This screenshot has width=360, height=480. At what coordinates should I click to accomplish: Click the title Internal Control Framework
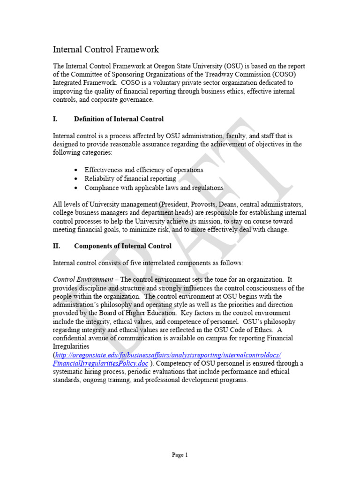coord(105,49)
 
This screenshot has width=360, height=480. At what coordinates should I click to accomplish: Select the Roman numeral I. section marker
coord(55,119)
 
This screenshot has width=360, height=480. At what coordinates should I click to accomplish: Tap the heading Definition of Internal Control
coord(119,119)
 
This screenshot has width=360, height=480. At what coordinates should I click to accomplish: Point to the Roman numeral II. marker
coord(56,246)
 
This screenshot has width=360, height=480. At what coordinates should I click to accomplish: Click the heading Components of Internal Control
coord(123,246)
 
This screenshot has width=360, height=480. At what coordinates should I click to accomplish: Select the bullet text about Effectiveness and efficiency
coord(143,170)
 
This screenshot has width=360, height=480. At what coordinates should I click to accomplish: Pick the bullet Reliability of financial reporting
coord(130,179)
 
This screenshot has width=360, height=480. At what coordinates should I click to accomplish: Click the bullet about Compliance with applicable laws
coord(154,187)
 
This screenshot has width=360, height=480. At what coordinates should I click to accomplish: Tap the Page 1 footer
coord(180,455)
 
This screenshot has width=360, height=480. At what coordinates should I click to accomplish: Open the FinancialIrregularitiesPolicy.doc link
coord(101,363)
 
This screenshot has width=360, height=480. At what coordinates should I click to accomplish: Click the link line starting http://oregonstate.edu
coord(168,355)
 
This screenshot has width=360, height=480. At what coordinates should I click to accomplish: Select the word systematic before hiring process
coord(69,372)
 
